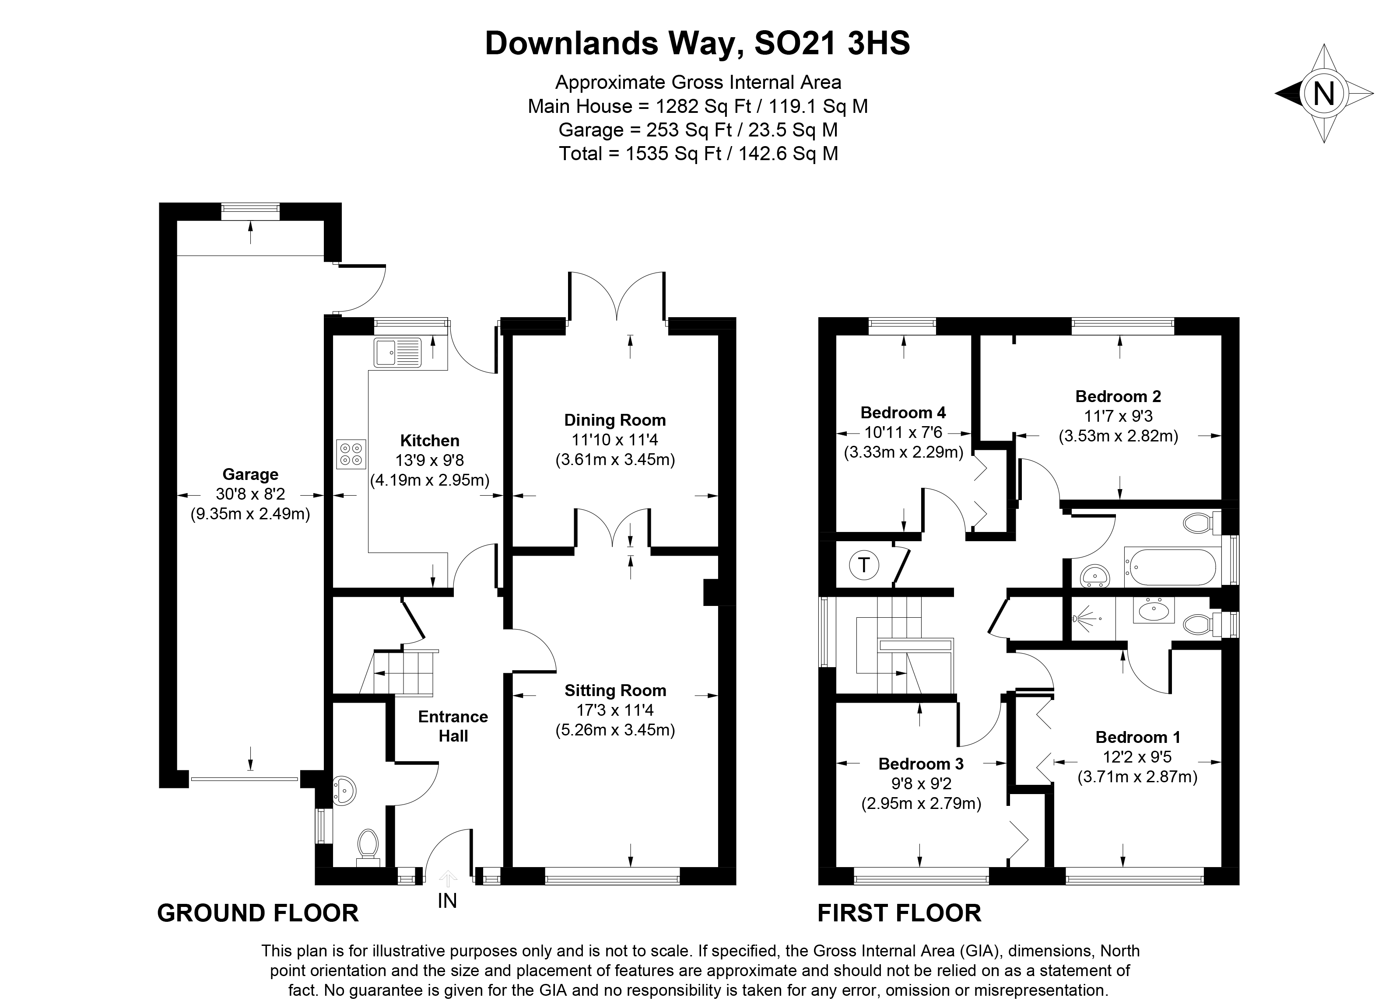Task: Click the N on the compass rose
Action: (1323, 94)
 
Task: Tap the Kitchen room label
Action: (430, 441)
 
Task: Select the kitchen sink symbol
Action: (397, 352)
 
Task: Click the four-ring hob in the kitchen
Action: (351, 454)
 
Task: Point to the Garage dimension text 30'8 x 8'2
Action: (250, 494)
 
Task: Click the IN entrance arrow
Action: (448, 879)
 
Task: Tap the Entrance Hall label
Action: (453, 726)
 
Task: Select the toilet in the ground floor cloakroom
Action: (368, 846)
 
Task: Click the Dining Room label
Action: (615, 420)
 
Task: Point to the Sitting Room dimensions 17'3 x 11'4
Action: (615, 710)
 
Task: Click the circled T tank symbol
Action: (864, 565)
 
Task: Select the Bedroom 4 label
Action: (903, 412)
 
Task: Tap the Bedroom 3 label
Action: (921, 764)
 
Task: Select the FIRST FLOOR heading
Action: (899, 913)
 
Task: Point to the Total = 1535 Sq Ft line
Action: (698, 153)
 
